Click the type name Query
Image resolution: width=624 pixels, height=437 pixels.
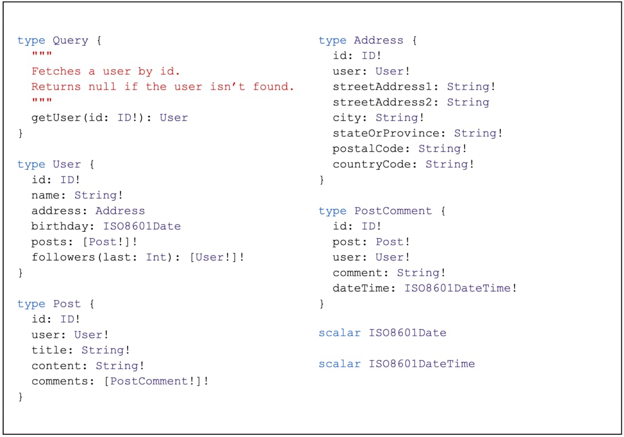coord(70,40)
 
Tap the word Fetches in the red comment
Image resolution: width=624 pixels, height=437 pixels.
coord(56,71)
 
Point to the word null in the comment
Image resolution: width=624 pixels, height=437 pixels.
coord(102,87)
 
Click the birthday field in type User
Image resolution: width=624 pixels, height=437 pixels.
coord(60,227)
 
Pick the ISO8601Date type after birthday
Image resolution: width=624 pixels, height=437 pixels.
coord(142,226)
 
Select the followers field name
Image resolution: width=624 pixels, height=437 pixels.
coord(63,257)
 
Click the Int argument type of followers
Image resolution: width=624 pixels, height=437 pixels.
coord(156,257)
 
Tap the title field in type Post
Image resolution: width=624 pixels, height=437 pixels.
coord(49,350)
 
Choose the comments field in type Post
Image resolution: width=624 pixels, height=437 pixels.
coord(60,381)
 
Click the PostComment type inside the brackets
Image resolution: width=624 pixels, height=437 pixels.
coord(149,381)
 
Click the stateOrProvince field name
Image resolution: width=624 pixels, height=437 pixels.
coord(386,133)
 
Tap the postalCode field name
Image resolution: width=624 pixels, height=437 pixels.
coord(368,149)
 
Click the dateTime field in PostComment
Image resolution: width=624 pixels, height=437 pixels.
coord(361,288)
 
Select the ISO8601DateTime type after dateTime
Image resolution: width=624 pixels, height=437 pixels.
coord(458,288)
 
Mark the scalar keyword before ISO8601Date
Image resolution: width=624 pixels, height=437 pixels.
coord(339,333)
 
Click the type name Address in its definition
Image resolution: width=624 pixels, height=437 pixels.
coord(379,40)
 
